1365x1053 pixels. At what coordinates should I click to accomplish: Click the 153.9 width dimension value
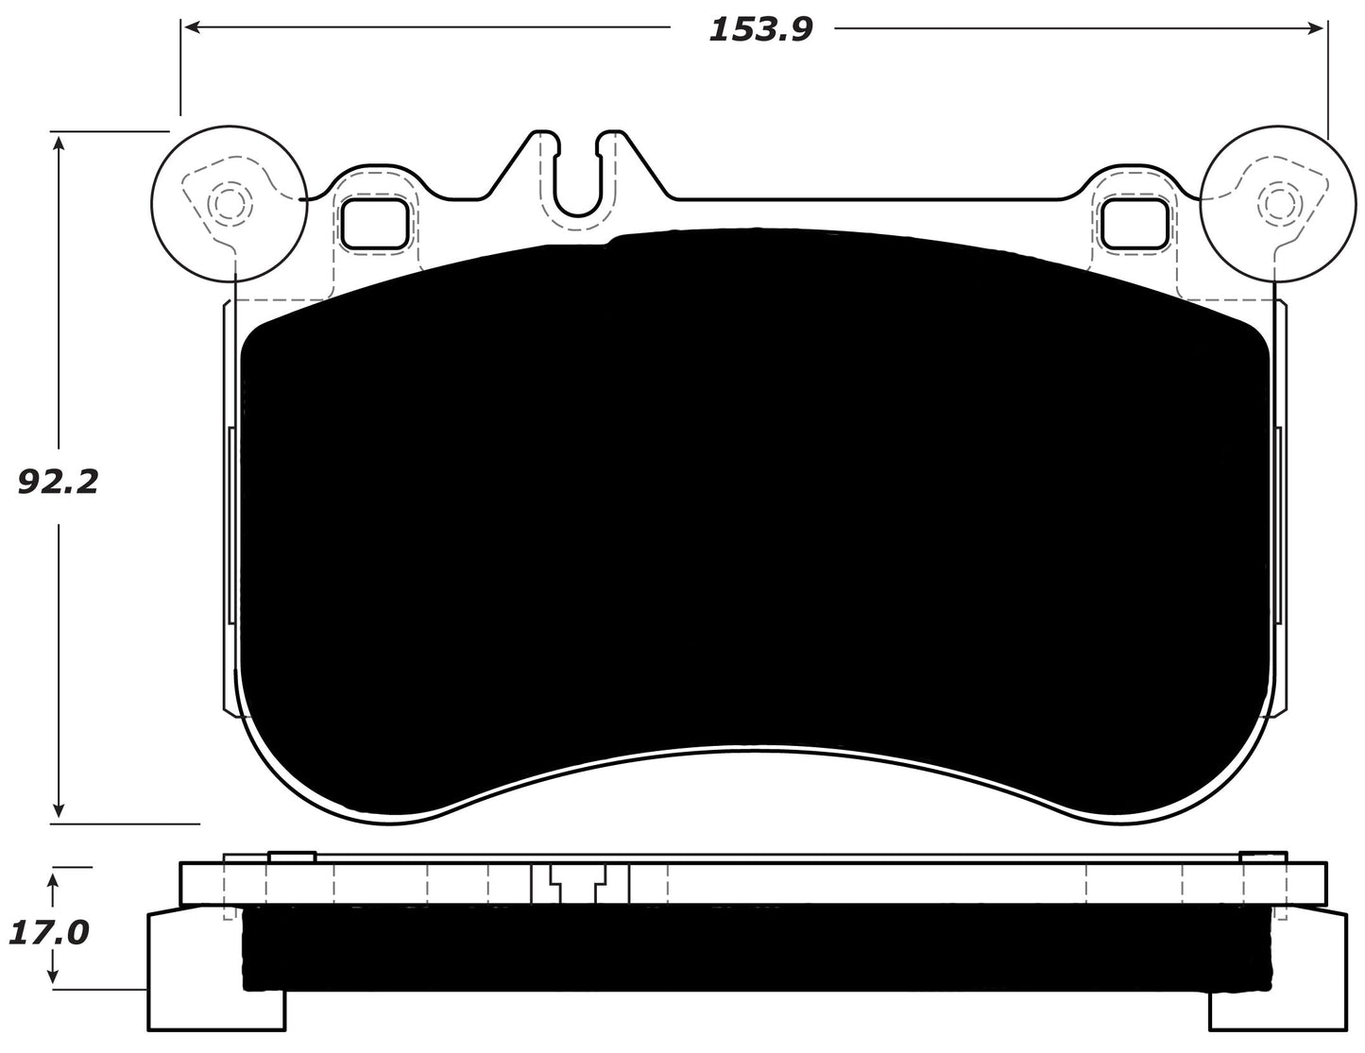point(759,29)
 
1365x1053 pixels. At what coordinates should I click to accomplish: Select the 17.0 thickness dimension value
point(47,933)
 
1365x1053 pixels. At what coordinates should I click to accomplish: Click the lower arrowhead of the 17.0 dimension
point(55,981)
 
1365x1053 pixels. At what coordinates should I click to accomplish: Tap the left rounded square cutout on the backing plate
point(375,224)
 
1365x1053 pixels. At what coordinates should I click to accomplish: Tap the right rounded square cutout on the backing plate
point(1135,224)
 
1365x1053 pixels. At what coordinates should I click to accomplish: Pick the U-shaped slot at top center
point(577,179)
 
